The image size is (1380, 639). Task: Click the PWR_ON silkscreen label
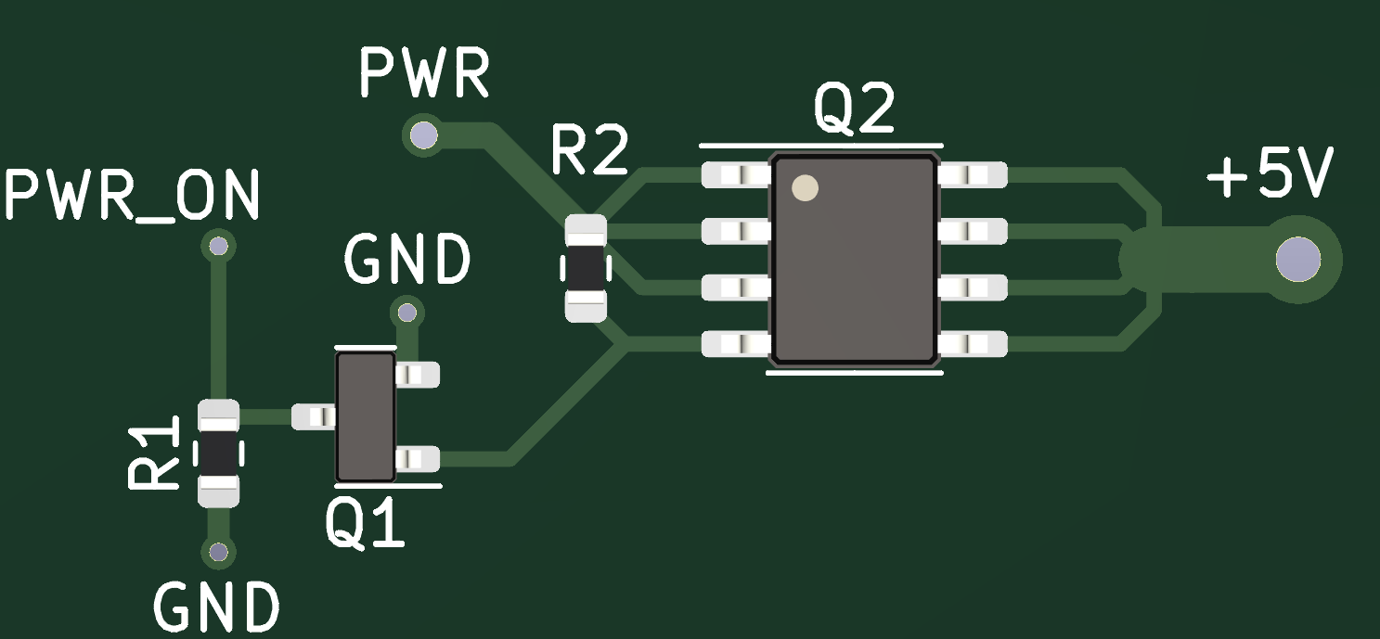click(133, 198)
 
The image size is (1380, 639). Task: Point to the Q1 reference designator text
click(365, 526)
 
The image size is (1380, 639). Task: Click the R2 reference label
click(589, 151)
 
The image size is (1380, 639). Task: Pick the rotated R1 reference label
click(153, 454)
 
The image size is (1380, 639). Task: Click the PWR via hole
click(423, 135)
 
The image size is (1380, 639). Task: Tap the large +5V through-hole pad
click(1296, 259)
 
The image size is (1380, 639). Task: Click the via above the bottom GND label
click(218, 553)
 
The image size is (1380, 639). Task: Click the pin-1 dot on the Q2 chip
click(805, 188)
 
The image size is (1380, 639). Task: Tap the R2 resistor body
click(586, 268)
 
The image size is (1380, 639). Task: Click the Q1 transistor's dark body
click(365, 416)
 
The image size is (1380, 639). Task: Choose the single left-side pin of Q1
click(314, 416)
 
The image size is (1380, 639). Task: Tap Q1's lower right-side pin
click(417, 458)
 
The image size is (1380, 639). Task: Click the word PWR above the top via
click(423, 74)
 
